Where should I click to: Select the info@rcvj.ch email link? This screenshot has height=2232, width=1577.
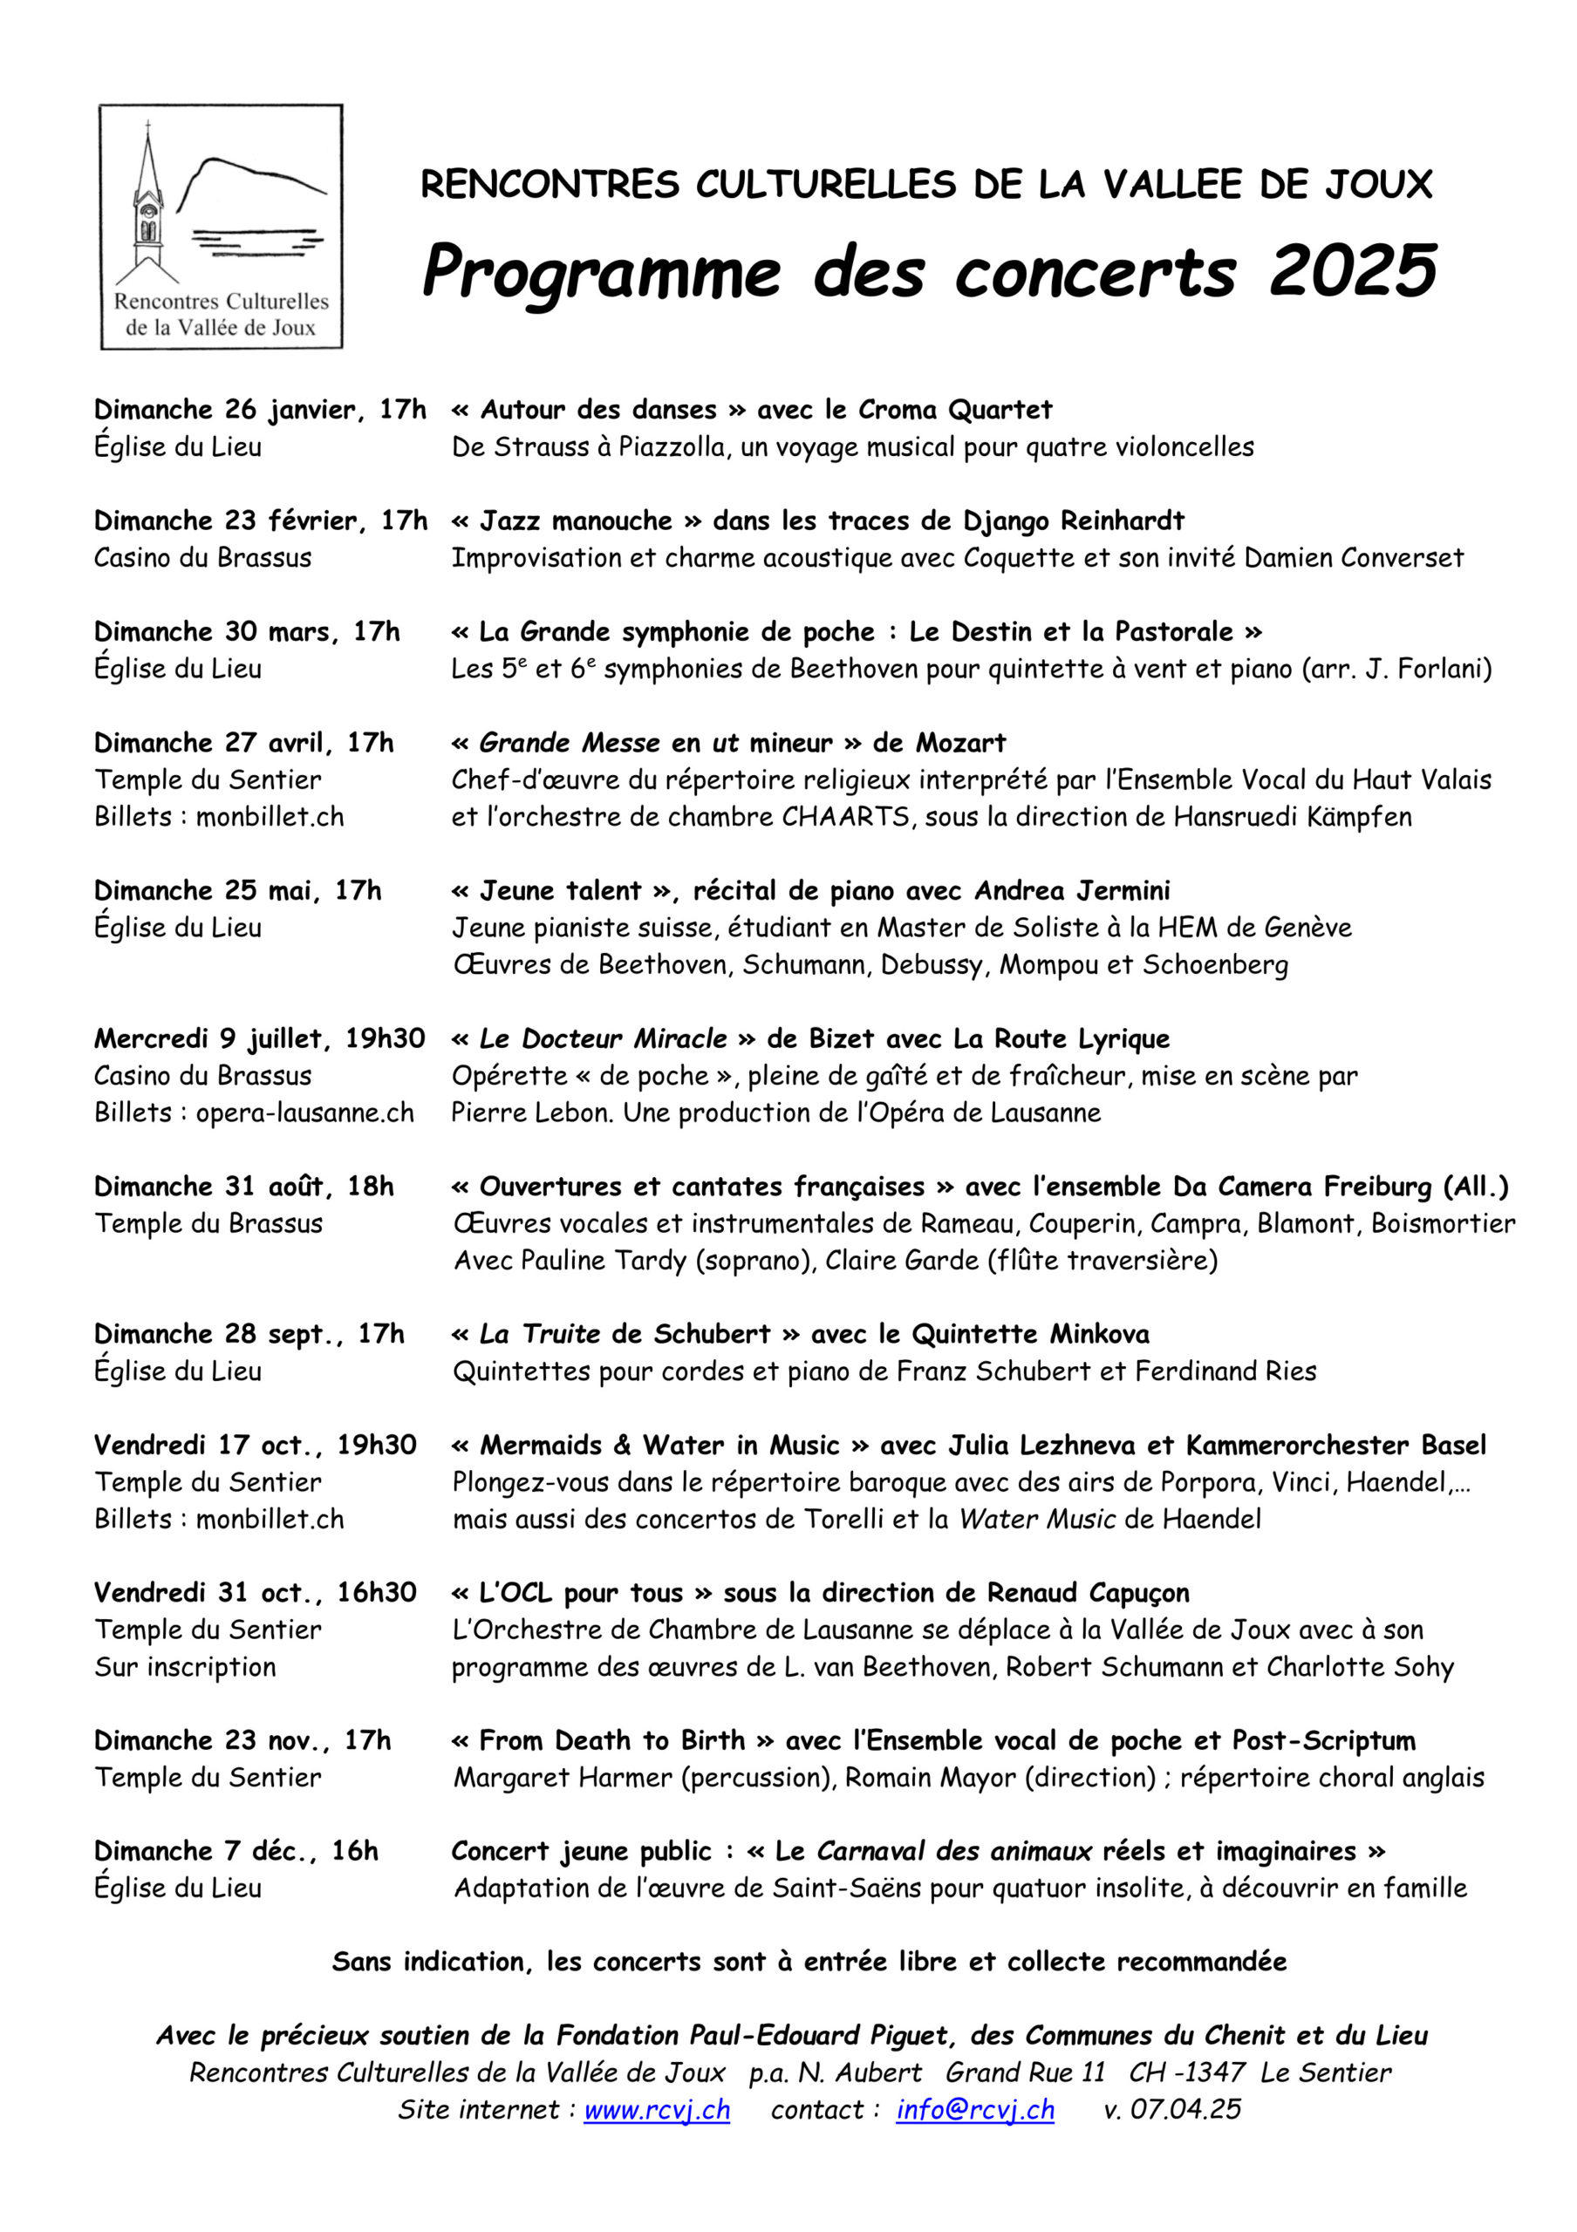(x=974, y=2111)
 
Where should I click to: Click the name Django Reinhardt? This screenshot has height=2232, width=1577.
(x=1074, y=521)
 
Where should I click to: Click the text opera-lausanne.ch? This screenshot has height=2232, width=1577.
(x=304, y=1113)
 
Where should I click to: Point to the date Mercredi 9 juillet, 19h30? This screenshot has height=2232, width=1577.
(x=260, y=1038)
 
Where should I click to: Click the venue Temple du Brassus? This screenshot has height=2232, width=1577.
(x=208, y=1223)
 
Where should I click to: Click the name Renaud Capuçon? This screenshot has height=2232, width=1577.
(x=1088, y=1593)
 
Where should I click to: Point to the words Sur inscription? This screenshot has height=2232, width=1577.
(x=185, y=1667)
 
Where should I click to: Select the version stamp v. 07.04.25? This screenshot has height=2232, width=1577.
(x=1171, y=2111)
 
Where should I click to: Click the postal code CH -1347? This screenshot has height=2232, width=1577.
(x=1186, y=2072)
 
